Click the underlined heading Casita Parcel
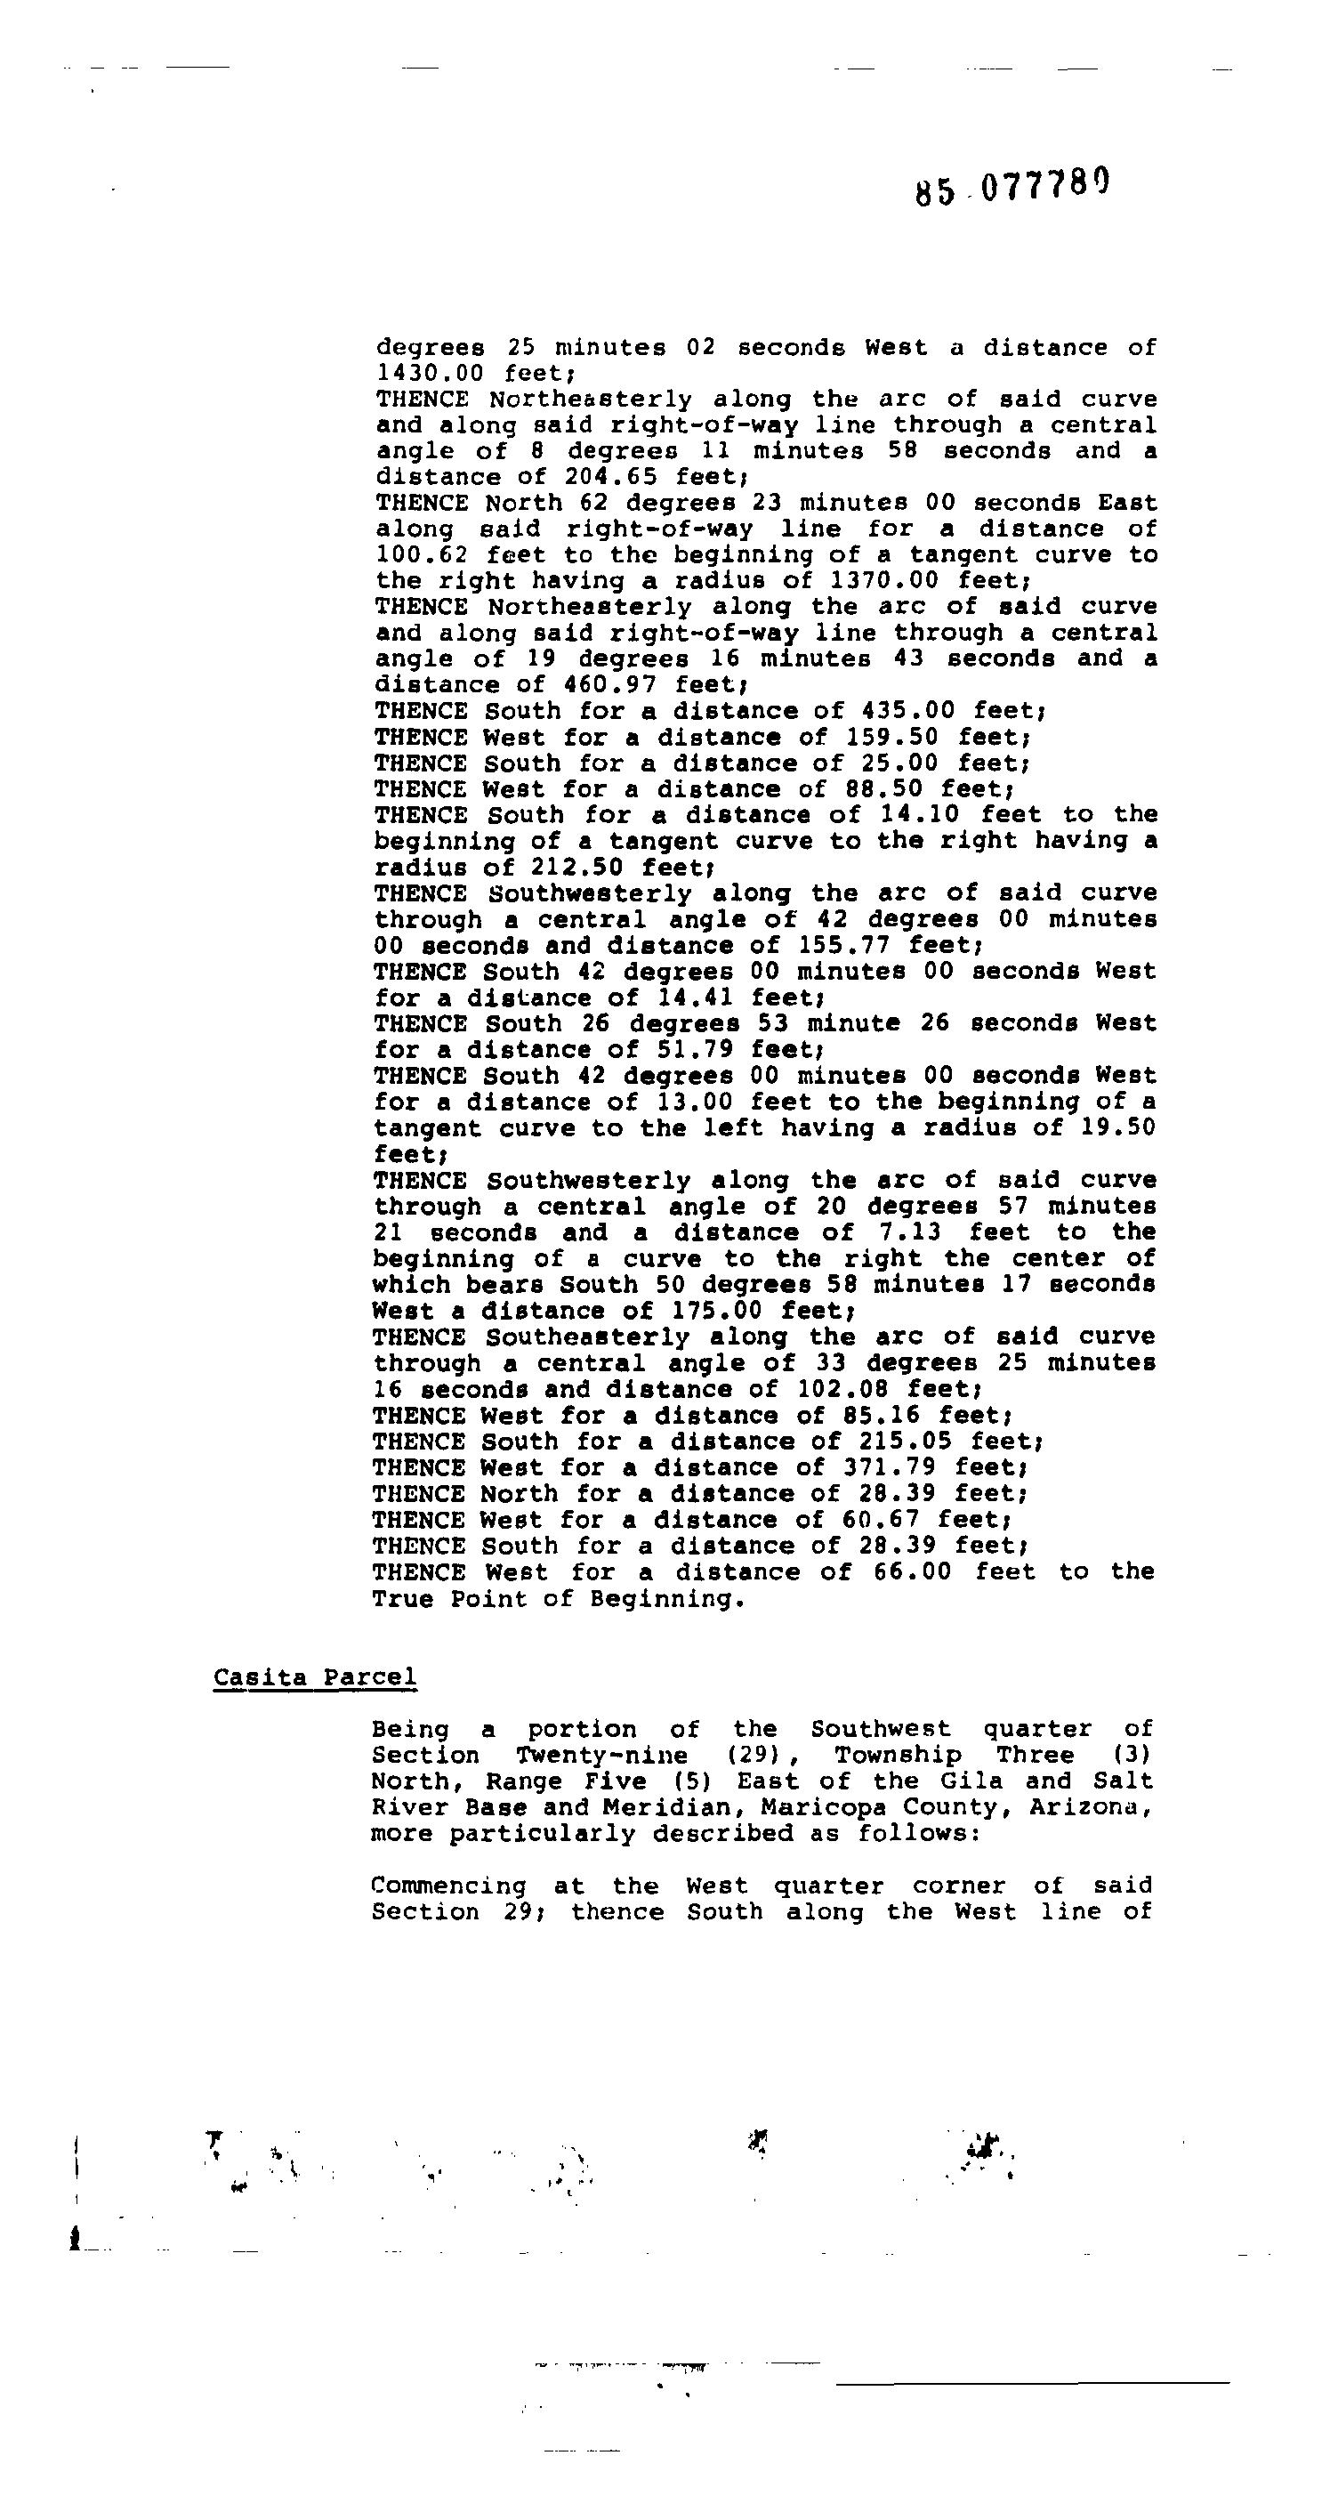[315, 1676]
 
